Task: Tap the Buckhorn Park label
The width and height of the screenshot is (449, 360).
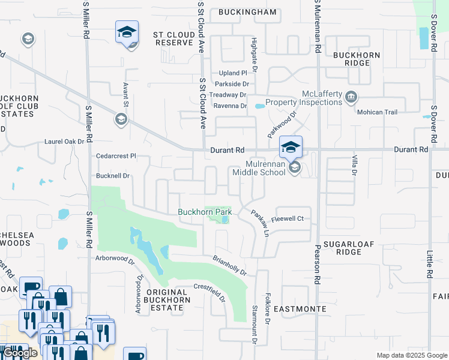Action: tap(205, 212)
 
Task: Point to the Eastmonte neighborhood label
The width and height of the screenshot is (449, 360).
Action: tap(300, 309)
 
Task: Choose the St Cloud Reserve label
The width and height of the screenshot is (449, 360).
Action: tap(175, 38)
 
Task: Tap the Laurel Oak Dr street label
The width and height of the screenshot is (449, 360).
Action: tap(64, 142)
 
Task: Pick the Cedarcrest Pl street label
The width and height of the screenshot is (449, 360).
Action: tap(116, 155)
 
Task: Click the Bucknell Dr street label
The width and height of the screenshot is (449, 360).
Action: tap(113, 176)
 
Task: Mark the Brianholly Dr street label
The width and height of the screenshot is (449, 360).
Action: tap(229, 265)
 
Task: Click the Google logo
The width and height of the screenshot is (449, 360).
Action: tap(20, 353)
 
